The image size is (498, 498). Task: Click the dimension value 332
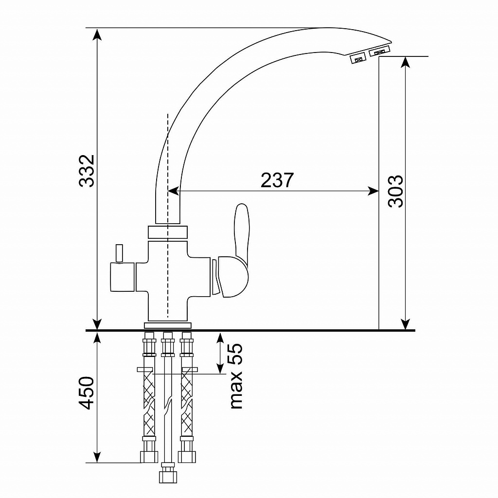[x=87, y=171]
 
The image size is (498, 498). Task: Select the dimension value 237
[x=277, y=180]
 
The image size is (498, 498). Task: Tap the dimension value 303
[x=395, y=191]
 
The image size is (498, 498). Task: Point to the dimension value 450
[x=87, y=393]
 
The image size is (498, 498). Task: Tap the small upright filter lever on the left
[x=119, y=253]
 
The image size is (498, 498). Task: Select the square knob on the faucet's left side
[x=122, y=277]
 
